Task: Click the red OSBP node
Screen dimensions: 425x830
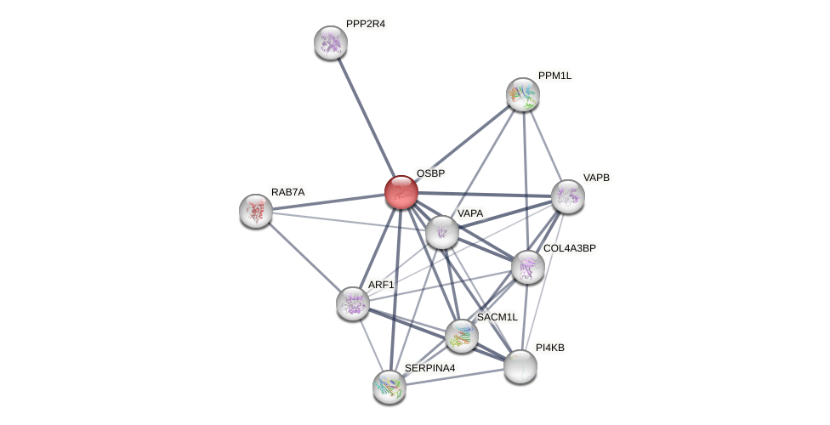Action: pyautogui.click(x=401, y=192)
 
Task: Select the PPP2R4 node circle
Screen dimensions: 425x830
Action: pyautogui.click(x=330, y=42)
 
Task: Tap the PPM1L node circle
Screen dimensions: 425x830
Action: pyautogui.click(x=522, y=94)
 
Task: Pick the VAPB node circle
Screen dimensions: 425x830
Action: pyautogui.click(x=567, y=196)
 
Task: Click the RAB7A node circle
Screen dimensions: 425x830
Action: pyautogui.click(x=255, y=211)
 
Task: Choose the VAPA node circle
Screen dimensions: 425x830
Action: pyautogui.click(x=441, y=232)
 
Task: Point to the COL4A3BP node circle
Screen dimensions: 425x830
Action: pyautogui.click(x=527, y=267)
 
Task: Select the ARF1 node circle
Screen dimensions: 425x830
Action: pyautogui.click(x=352, y=303)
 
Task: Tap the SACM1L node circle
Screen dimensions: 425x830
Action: pyautogui.click(x=461, y=336)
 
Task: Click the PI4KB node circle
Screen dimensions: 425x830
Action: pyautogui.click(x=520, y=366)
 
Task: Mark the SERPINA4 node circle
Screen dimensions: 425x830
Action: pyautogui.click(x=389, y=387)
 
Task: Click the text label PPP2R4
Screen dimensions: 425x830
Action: pyautogui.click(x=366, y=24)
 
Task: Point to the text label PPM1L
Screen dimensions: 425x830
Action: pyautogui.click(x=554, y=76)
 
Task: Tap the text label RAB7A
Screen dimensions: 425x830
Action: pyautogui.click(x=287, y=192)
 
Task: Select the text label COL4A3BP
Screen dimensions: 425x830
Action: pyautogui.click(x=569, y=248)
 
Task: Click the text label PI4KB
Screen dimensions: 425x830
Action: pyautogui.click(x=549, y=348)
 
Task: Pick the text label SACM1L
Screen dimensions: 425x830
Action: pyautogui.click(x=497, y=317)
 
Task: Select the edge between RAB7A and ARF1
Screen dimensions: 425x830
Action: pyautogui.click(x=304, y=257)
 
